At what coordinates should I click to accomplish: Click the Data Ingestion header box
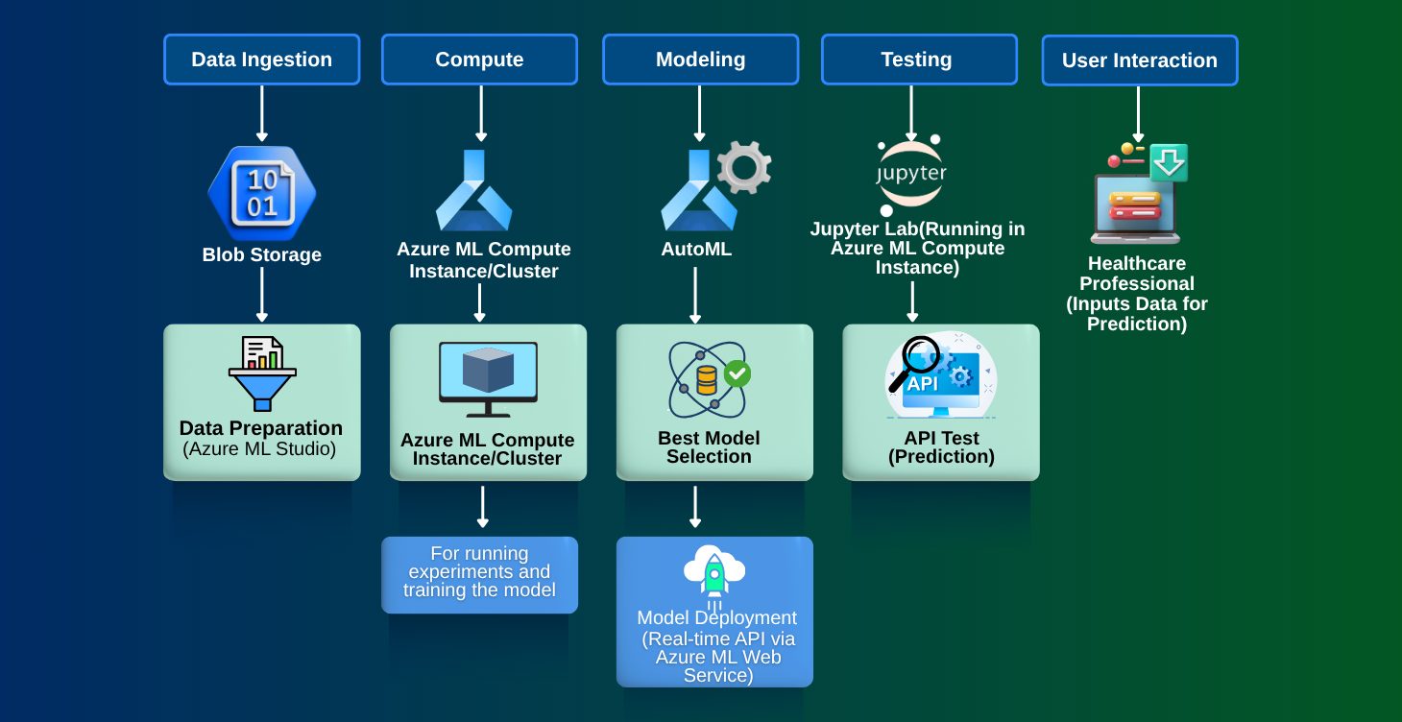[261, 60]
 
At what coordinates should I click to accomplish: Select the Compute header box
[479, 60]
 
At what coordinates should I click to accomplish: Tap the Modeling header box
[700, 60]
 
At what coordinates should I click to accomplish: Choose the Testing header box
[918, 60]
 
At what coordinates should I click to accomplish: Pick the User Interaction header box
[1139, 60]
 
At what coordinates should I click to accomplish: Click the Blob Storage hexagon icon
[261, 193]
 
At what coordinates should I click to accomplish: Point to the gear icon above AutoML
[744, 167]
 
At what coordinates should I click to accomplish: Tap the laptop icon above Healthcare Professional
[1135, 207]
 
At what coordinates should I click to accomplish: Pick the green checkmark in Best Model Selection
[737, 373]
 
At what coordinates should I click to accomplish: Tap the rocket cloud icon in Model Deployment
[713, 574]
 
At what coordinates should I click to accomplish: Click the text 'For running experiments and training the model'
[479, 572]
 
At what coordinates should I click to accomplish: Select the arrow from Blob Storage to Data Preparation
[261, 295]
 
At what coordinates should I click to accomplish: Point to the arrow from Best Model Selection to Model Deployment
[695, 506]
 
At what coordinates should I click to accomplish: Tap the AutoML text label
[696, 250]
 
